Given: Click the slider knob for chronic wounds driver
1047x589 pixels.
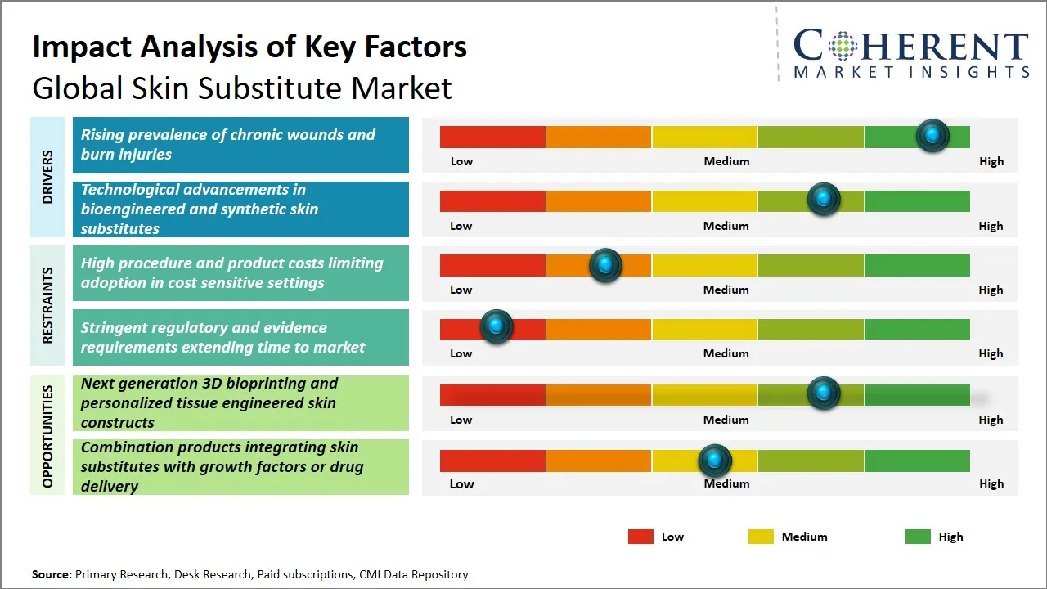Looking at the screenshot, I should click(x=932, y=135).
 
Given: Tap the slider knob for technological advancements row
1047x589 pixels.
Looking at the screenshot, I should click(x=824, y=199).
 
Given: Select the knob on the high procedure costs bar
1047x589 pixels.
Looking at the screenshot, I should click(x=605, y=264).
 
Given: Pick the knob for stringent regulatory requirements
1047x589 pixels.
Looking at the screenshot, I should click(x=496, y=326).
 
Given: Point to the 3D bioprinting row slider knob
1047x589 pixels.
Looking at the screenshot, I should click(x=824, y=393).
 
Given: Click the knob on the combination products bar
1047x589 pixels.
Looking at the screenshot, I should click(x=716, y=461).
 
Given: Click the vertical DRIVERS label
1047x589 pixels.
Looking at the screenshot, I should click(x=47, y=177).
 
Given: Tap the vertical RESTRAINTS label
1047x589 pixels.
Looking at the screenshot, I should click(x=47, y=305).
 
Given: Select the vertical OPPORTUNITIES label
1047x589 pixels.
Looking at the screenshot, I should click(x=47, y=436).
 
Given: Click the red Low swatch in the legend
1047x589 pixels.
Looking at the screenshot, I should click(x=640, y=537).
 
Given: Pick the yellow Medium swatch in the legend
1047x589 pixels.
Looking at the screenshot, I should click(x=761, y=537).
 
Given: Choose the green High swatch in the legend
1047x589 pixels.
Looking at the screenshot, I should click(x=918, y=537).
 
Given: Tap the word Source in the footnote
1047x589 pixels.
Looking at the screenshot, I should click(x=52, y=574).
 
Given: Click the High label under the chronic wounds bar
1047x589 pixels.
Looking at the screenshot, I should click(x=991, y=161).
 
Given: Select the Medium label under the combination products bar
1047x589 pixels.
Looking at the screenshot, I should click(x=726, y=483).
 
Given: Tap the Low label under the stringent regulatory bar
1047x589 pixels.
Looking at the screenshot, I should click(x=461, y=353).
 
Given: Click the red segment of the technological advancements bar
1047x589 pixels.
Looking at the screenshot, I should click(x=492, y=200).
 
